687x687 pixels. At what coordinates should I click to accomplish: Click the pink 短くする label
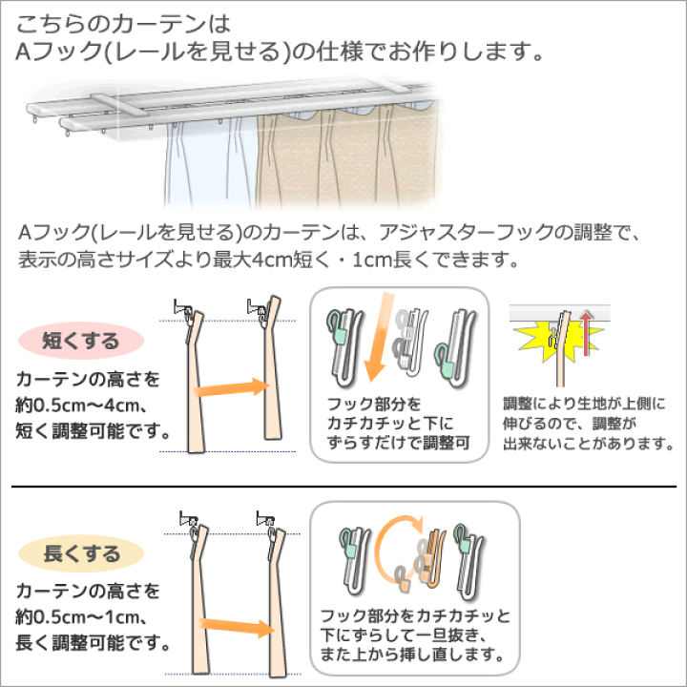[x=81, y=341]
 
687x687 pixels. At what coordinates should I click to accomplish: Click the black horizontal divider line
[x=343, y=487]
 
